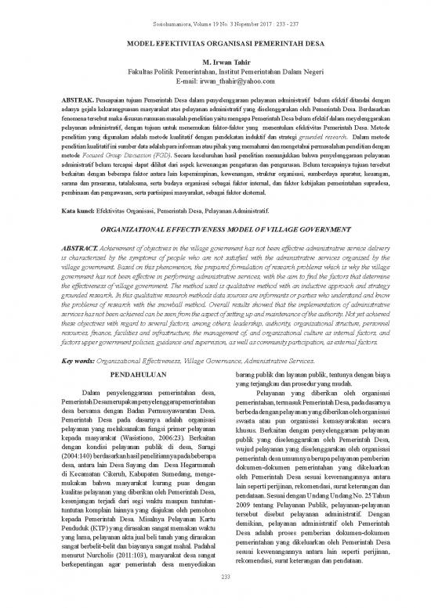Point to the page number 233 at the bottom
pyautogui.click(x=215, y=598)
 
